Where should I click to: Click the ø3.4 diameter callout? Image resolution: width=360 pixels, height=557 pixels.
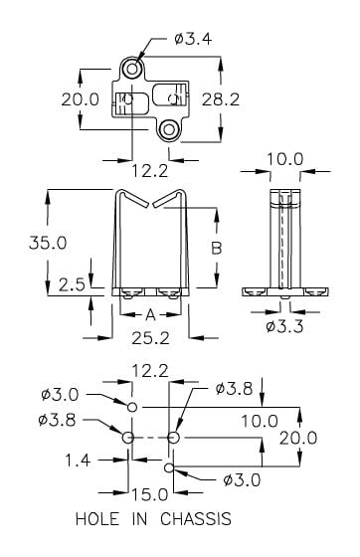193,39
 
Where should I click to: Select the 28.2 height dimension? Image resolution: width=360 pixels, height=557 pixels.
221,99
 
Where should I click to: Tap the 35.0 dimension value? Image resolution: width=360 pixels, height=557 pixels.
48,243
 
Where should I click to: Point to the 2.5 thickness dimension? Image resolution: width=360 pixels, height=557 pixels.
72,284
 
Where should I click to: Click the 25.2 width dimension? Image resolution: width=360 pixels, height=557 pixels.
150,338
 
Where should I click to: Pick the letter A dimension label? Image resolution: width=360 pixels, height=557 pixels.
151,314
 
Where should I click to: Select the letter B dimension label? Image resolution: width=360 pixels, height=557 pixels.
217,248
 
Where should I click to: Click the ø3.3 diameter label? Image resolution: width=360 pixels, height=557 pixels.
284,326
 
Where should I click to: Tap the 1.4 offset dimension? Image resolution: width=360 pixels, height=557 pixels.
78,461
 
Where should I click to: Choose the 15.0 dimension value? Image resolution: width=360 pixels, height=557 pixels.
150,494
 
